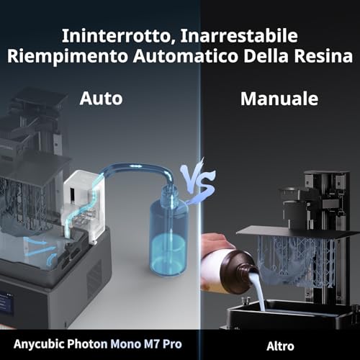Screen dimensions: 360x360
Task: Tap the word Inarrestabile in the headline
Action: [x=239, y=36]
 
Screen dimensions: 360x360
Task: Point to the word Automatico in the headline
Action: [x=186, y=56]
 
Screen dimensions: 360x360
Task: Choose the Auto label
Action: [x=101, y=99]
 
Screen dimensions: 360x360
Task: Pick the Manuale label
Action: [x=279, y=99]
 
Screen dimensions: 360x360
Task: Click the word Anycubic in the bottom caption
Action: [x=39, y=344]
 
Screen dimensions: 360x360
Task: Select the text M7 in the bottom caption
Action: [x=152, y=344]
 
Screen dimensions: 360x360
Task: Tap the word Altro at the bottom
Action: [x=280, y=346]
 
